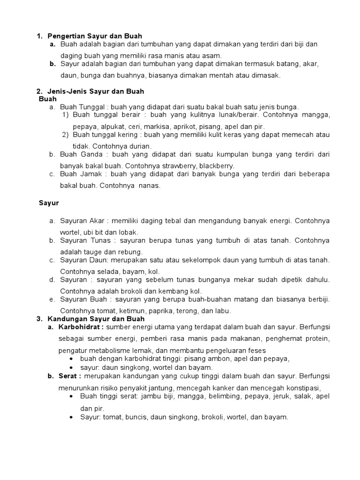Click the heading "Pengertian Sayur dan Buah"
(95, 36)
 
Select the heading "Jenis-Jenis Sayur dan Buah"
(96, 91)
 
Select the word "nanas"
(150, 185)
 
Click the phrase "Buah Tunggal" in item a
(79, 107)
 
